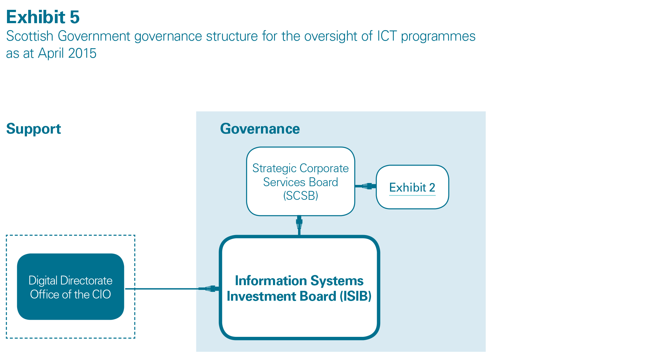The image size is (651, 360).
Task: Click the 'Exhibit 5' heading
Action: point(43,17)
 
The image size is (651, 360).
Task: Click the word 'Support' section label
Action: point(34,129)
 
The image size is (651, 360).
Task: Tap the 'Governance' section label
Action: point(260,129)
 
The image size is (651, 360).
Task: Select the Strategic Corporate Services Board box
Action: point(301,181)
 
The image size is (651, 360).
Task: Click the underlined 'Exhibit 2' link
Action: point(412,187)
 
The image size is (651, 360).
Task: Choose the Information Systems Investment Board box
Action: point(299,288)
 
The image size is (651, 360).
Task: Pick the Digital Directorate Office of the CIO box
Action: point(70,287)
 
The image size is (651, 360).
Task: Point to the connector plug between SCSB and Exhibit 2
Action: point(367,186)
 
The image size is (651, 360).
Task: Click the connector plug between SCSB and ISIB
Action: point(299,223)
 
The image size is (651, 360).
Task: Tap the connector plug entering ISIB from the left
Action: point(209,289)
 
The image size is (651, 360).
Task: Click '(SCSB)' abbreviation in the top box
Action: point(301,196)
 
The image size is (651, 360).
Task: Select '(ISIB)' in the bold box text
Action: point(355,296)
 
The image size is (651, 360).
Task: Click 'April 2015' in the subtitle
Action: point(67,53)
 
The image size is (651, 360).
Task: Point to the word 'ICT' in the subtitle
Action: point(387,36)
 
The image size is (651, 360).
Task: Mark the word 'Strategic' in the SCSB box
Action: point(274,168)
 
